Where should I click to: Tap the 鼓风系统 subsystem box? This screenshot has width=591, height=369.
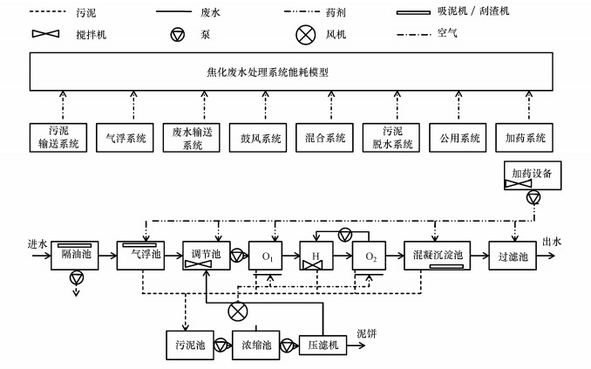point(255,138)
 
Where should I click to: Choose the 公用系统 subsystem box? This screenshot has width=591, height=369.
point(457,138)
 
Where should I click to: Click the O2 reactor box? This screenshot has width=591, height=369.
point(370,256)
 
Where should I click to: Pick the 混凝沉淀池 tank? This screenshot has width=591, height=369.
point(434,256)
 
